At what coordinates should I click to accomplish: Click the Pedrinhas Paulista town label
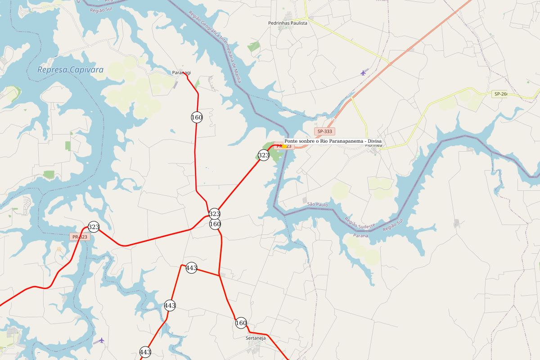(288, 23)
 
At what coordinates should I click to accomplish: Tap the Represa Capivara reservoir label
(70, 70)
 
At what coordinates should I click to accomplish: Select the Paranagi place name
(181, 72)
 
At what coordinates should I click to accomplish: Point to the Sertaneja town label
(256, 338)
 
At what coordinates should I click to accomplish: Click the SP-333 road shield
(324, 131)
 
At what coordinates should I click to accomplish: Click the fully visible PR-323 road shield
(80, 237)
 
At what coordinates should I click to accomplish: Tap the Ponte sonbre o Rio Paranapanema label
(333, 141)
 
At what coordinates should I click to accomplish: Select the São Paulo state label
(318, 204)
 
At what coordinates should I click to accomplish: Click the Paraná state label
(361, 235)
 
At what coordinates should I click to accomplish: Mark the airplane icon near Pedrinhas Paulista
(363, 72)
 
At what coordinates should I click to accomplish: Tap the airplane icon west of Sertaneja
(102, 340)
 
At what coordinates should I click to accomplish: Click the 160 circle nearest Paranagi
(197, 117)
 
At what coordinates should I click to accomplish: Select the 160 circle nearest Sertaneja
(241, 323)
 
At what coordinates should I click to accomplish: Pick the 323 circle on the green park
(264, 155)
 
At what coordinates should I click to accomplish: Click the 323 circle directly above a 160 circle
(215, 214)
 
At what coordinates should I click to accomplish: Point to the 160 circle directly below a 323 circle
(215, 224)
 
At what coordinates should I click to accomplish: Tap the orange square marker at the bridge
(284, 146)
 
